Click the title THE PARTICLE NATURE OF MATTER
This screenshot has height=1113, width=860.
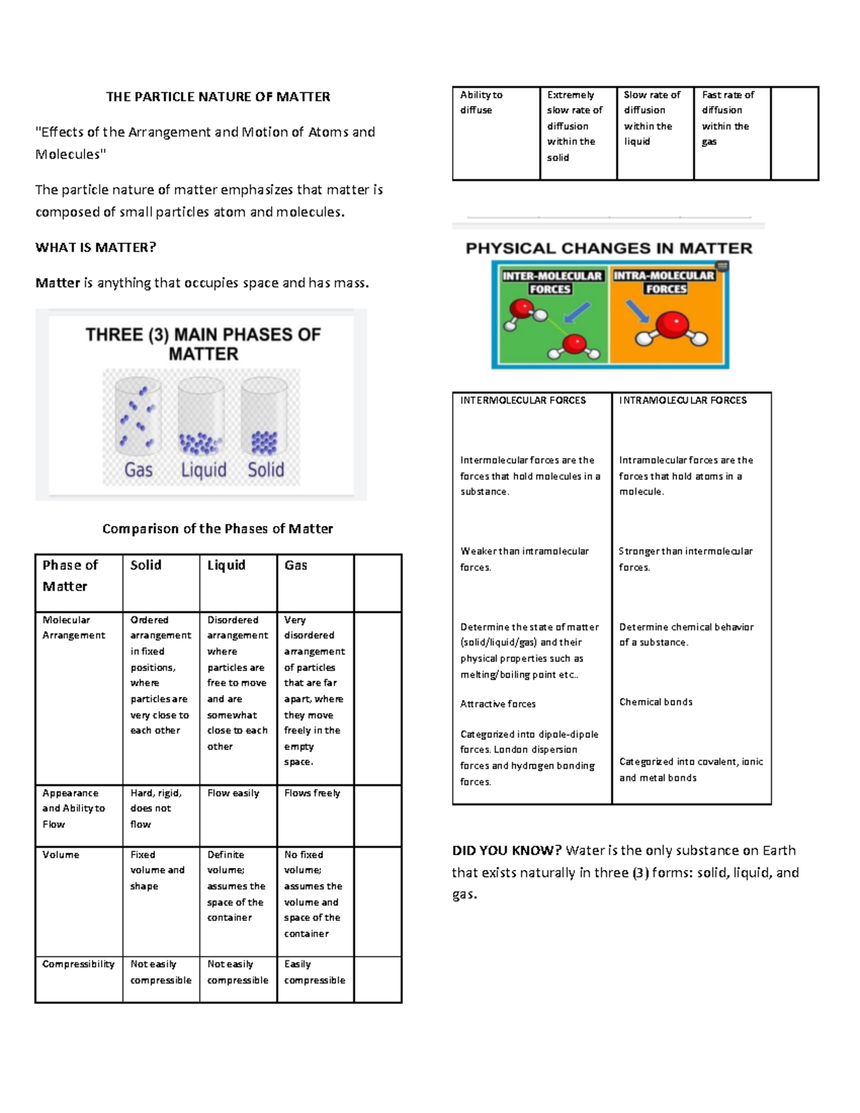(x=218, y=97)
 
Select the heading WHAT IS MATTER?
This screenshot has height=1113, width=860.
(x=95, y=247)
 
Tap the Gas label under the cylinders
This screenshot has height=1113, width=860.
(x=138, y=470)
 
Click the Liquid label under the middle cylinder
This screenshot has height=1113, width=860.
(x=204, y=470)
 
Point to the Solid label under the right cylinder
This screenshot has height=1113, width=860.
(x=266, y=470)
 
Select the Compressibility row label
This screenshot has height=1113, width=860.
(x=78, y=964)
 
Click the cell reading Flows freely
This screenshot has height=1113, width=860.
(x=312, y=793)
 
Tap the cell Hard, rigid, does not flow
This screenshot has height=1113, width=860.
(x=156, y=808)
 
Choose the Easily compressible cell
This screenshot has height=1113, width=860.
(x=314, y=973)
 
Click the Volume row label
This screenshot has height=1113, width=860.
(x=61, y=855)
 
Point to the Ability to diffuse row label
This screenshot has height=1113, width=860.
(x=481, y=102)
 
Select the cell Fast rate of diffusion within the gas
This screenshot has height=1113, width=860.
(x=727, y=118)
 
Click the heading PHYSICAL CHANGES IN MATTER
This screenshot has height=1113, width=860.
(x=609, y=249)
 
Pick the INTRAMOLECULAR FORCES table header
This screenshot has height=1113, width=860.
(x=683, y=401)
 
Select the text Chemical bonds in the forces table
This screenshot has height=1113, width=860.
(x=656, y=702)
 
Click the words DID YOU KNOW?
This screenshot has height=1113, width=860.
(x=507, y=851)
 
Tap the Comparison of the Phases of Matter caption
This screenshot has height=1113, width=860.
(x=217, y=529)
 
